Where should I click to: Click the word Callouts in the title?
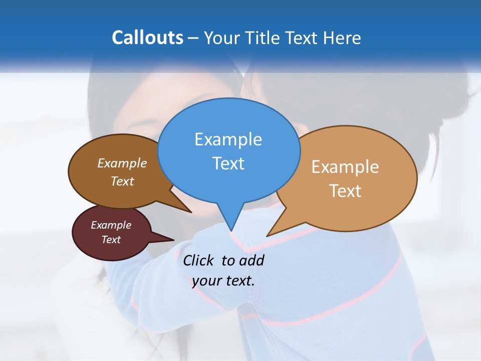click(x=147, y=38)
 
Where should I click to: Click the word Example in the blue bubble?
click(x=228, y=139)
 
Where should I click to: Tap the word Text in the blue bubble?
click(x=228, y=163)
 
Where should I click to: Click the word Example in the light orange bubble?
click(x=345, y=167)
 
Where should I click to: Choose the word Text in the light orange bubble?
click(x=345, y=191)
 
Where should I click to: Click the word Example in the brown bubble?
click(x=122, y=163)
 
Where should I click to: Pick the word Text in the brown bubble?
click(x=122, y=181)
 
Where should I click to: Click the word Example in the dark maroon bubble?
click(x=111, y=225)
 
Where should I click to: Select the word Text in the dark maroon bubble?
click(x=111, y=240)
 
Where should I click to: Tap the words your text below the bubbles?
click(x=223, y=281)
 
